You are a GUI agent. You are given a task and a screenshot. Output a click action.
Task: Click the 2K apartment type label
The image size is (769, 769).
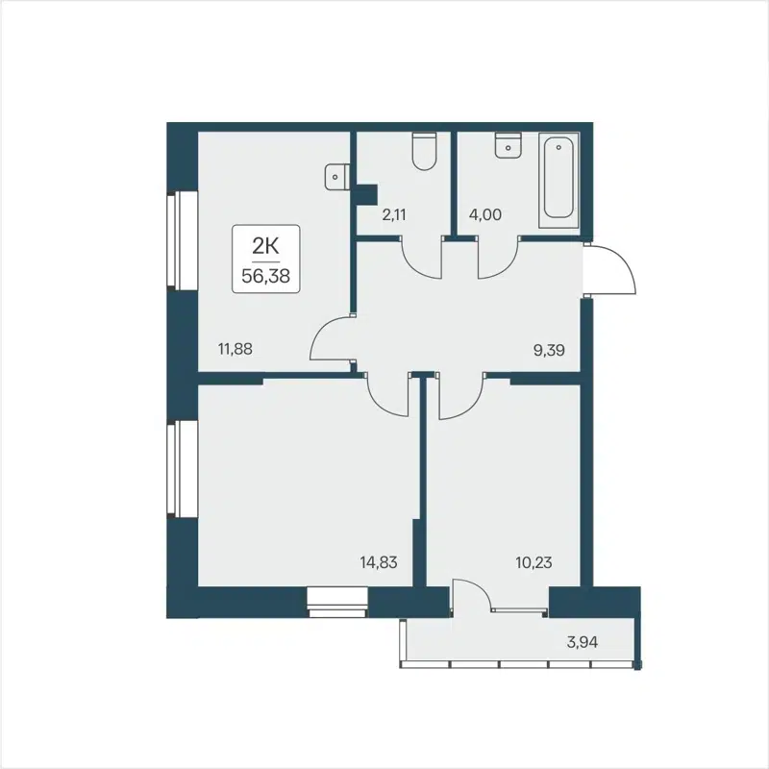point(264,247)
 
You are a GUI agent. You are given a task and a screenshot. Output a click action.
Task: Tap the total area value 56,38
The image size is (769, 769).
point(264,274)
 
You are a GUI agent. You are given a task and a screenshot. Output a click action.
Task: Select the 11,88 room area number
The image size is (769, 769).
point(236,350)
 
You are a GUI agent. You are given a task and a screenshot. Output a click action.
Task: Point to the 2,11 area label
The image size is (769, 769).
point(394,215)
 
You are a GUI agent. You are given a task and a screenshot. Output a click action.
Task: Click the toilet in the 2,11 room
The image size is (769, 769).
point(423,151)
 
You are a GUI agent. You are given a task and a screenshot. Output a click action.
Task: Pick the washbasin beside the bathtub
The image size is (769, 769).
point(506,145)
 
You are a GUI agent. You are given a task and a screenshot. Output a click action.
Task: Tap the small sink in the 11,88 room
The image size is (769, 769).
point(335,176)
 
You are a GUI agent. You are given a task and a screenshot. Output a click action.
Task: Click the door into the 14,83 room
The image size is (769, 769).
point(389,394)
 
